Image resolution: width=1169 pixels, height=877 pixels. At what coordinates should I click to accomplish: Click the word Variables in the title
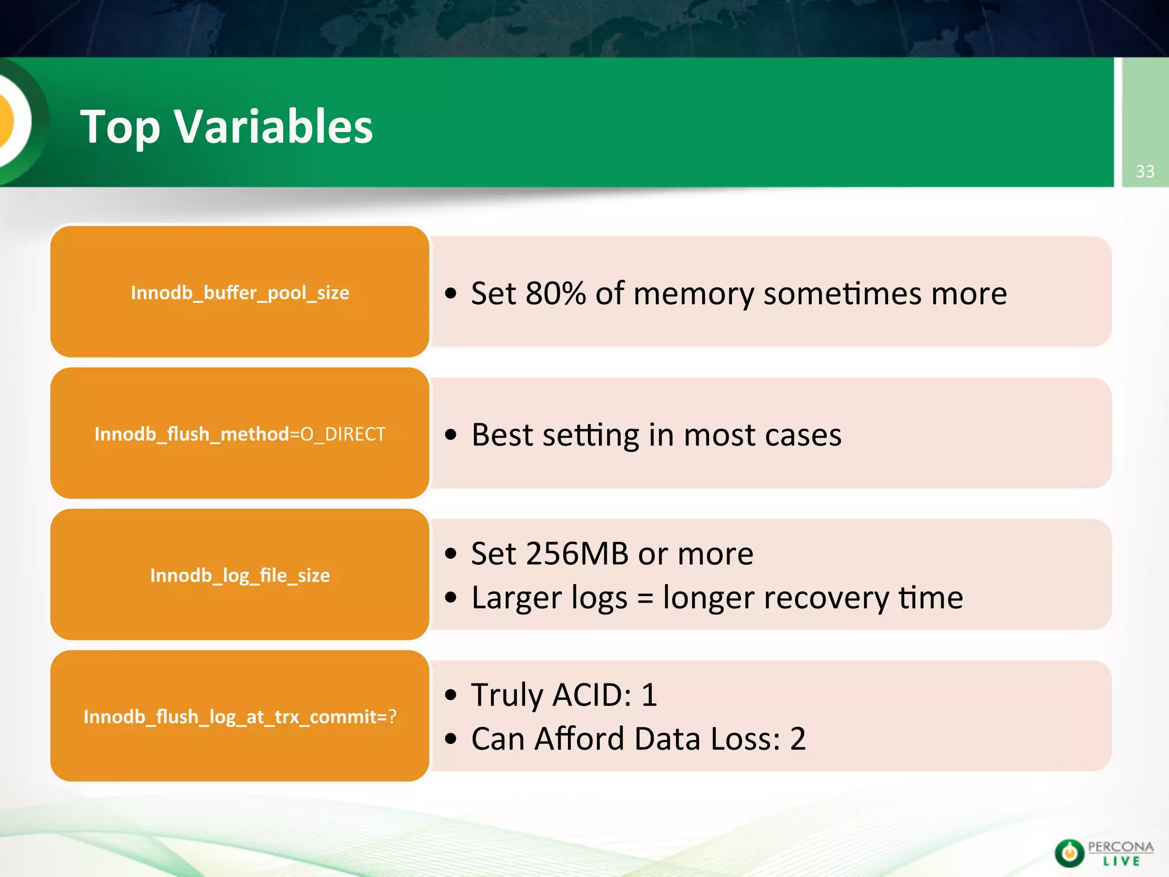(273, 126)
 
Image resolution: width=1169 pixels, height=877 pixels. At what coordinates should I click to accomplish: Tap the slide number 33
(1145, 171)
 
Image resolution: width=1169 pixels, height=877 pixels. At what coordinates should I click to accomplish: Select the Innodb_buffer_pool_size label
(240, 293)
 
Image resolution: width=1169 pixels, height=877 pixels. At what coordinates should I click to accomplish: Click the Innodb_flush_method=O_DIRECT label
(240, 435)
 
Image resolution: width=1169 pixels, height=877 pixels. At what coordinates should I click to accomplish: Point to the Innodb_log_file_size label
(240, 576)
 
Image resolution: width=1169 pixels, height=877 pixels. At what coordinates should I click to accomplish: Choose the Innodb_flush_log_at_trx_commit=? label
(240, 717)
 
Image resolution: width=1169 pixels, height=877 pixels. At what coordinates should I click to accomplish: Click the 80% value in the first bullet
(555, 293)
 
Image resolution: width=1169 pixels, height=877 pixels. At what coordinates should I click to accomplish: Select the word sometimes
(842, 294)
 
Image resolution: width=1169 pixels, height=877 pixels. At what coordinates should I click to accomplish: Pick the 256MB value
(577, 554)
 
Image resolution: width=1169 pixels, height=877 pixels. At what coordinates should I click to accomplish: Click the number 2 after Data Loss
(798, 739)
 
